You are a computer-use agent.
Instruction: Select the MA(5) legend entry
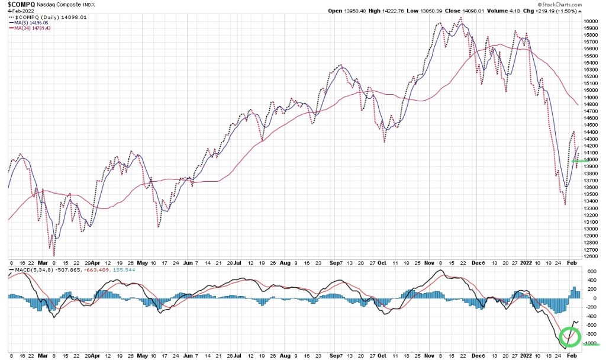(x=32, y=22)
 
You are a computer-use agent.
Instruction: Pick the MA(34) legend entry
(x=33, y=28)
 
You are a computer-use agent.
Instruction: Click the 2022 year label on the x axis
(x=526, y=264)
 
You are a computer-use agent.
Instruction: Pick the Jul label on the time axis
(x=236, y=264)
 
